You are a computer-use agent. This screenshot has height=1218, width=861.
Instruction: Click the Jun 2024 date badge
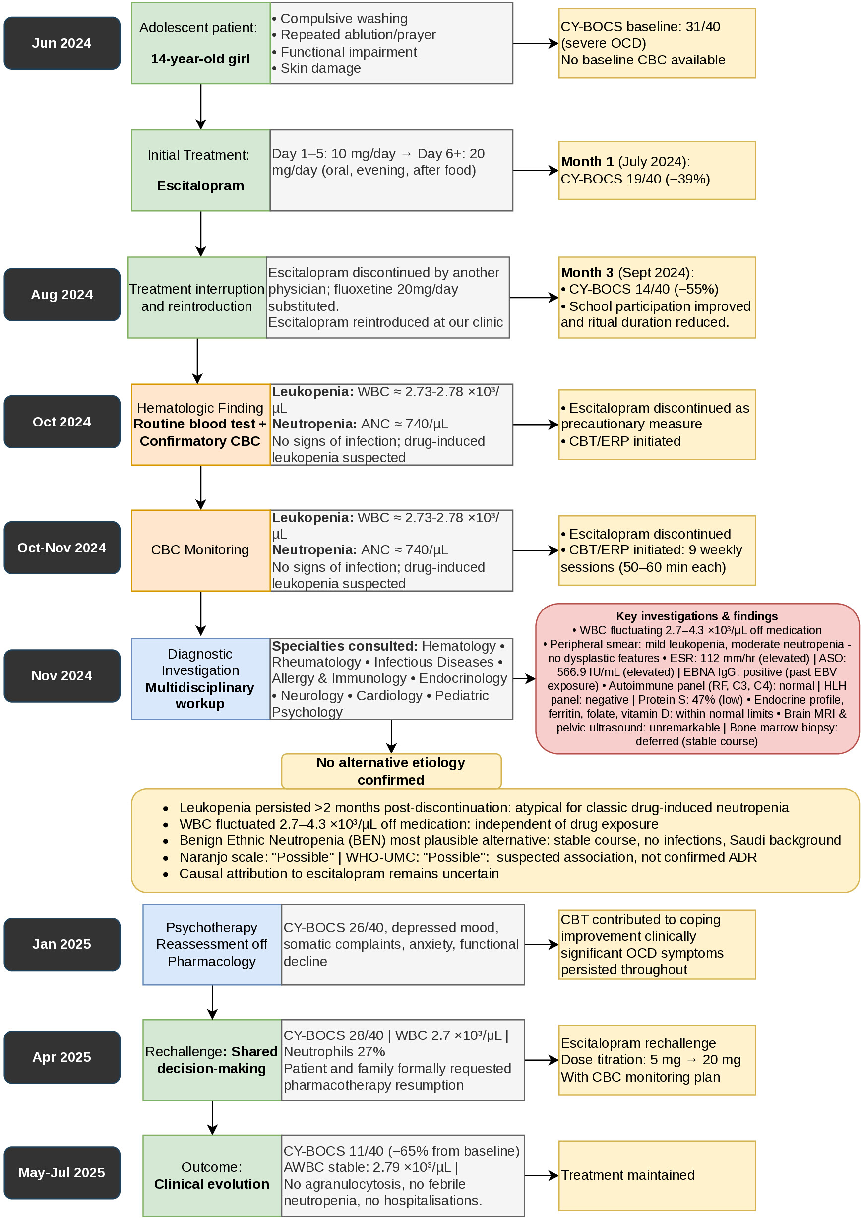[62, 44]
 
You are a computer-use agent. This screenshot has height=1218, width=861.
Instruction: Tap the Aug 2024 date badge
[62, 295]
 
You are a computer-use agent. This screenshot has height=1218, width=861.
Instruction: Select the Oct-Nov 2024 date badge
[62, 548]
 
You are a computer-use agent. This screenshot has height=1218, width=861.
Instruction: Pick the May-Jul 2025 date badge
[62, 1172]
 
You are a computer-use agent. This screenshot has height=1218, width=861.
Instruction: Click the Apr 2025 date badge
[62, 1057]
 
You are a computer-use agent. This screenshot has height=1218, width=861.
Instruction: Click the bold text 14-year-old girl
[200, 59]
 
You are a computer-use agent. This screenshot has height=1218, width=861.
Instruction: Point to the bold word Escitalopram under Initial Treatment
[200, 186]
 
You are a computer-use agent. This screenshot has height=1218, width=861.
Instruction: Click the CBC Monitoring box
[200, 550]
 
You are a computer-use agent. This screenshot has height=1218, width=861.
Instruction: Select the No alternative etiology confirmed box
[391, 771]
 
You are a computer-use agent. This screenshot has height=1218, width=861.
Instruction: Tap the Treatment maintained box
[657, 1175]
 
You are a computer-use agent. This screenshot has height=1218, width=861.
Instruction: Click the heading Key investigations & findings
[696, 616]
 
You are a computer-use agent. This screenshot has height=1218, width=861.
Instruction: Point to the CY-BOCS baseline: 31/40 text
[640, 26]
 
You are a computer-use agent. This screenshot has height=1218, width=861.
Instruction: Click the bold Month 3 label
[587, 273]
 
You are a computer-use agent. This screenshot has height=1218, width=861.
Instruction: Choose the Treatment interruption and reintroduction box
[197, 298]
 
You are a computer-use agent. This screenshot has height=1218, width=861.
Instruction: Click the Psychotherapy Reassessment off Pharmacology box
[212, 945]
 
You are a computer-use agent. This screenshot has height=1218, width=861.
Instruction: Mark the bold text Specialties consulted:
[345, 646]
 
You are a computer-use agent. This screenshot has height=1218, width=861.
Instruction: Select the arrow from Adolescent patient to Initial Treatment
[200, 107]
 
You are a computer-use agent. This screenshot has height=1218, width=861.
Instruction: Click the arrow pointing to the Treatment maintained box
[542, 1175]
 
